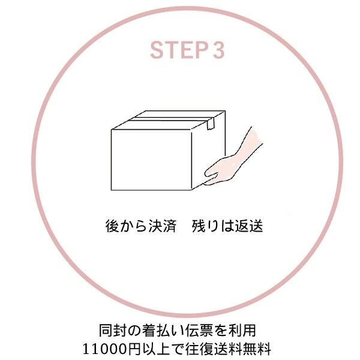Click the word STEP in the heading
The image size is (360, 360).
pos(177,50)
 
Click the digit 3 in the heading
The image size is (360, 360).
pos(218,50)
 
